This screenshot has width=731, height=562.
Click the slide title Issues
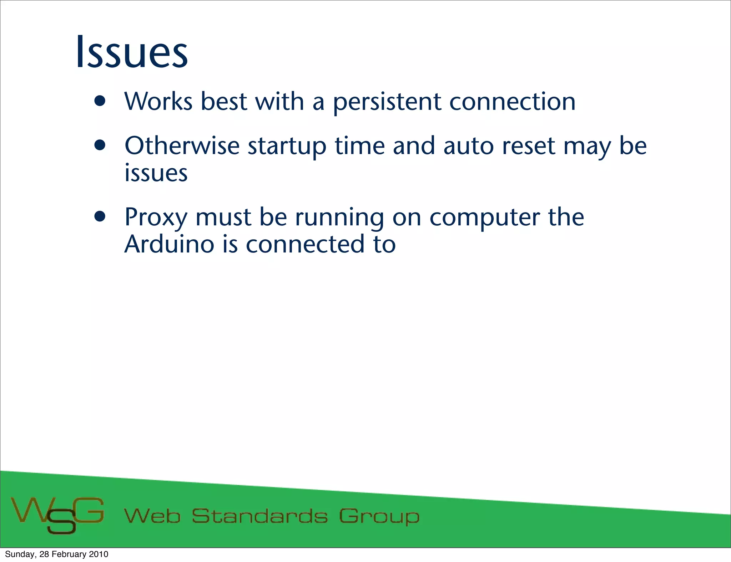tap(132, 52)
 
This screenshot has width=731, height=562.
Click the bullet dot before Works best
tap(100, 101)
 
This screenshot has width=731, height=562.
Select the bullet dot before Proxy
tap(100, 216)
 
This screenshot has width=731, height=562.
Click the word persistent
tap(387, 102)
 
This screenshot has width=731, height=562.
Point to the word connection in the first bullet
tap(512, 102)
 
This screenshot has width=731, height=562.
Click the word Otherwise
tap(182, 146)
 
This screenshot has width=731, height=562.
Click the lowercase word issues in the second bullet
tap(156, 173)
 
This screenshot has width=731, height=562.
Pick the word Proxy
tap(156, 218)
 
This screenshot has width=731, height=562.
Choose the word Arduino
tap(169, 244)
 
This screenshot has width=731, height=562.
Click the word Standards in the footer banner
tap(259, 516)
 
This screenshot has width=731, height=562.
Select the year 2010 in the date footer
tap(99, 554)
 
